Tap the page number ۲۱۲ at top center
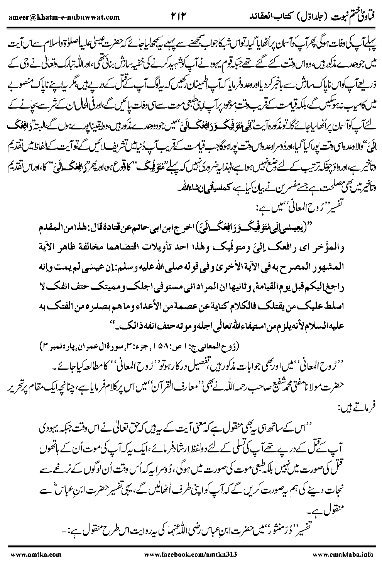coord(178,16)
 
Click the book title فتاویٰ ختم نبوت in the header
coord(339,16)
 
